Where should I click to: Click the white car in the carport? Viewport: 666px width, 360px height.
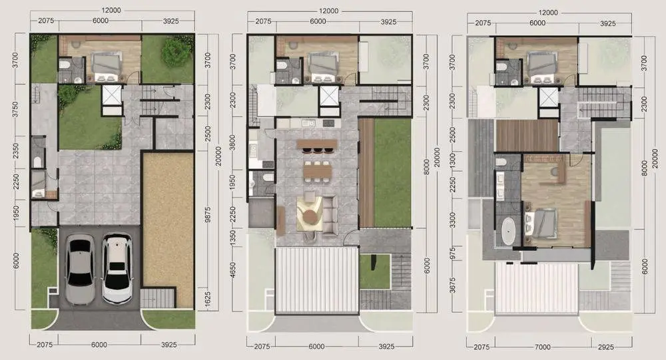(117, 268)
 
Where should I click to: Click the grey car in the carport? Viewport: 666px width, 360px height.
(81, 269)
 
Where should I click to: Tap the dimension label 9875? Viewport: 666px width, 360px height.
(207, 220)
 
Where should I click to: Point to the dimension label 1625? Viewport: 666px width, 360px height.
(207, 299)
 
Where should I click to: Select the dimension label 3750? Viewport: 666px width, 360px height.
(15, 110)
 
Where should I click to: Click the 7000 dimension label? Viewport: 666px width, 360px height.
(542, 347)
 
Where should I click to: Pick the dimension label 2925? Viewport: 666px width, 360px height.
(605, 347)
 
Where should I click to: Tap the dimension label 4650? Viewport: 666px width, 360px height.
(232, 270)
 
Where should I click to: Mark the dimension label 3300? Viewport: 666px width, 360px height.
(452, 220)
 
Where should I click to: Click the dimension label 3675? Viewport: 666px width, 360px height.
(452, 285)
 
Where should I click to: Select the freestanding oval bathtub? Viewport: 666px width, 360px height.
(507, 231)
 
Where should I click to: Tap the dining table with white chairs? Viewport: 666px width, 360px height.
(317, 172)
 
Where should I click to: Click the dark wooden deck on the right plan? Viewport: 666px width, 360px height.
(527, 135)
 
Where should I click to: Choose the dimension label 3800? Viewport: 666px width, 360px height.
(232, 143)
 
